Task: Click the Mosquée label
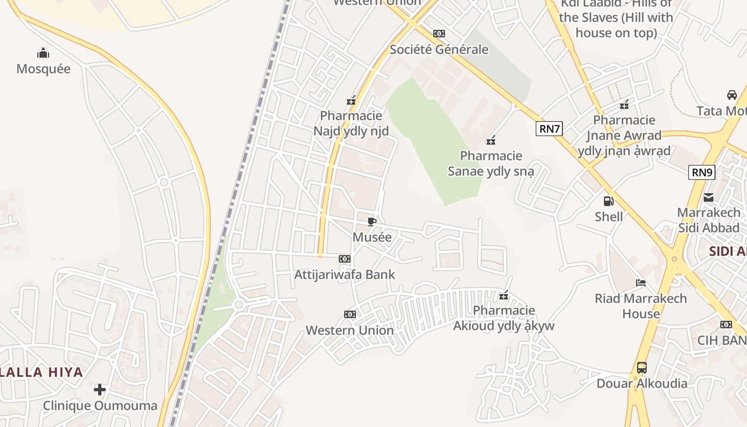43,69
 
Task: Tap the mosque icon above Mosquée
43,53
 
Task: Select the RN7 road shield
549,128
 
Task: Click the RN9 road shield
702,172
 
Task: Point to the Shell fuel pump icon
608,201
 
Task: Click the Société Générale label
439,50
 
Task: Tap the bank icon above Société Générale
439,34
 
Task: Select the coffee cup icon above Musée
372,222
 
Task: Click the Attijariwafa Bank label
345,275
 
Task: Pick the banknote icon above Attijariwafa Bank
345,259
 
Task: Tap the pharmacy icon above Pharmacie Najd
351,100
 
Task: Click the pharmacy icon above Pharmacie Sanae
491,140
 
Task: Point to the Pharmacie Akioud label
504,318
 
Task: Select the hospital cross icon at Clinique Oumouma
100,390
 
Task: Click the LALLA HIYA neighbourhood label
42,372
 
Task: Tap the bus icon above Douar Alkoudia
642,368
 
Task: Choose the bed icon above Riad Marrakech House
641,282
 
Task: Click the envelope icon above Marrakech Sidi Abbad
709,197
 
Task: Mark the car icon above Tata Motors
732,95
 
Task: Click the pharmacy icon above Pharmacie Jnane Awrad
624,104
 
